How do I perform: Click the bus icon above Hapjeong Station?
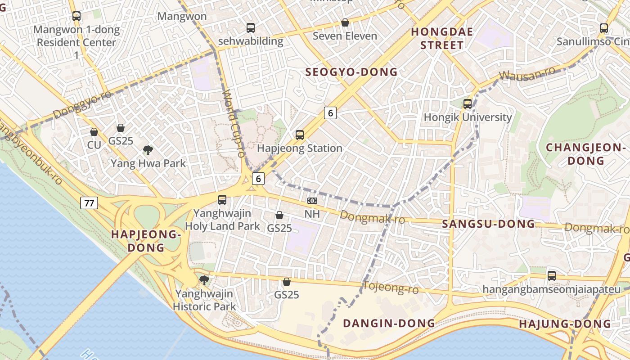[300, 135]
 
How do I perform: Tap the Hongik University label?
[468, 117]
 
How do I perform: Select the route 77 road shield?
[89, 203]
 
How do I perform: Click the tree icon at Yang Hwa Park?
[148, 150]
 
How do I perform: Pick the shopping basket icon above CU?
[94, 132]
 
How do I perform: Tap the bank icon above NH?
[312, 201]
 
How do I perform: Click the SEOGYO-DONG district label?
[351, 72]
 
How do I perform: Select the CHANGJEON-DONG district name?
[586, 154]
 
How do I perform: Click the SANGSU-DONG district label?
[489, 224]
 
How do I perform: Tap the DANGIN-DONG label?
[389, 323]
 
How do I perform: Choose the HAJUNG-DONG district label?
[565, 324]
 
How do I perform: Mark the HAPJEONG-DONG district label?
[146, 241]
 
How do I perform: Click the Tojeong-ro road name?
[391, 287]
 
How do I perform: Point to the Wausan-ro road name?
[527, 75]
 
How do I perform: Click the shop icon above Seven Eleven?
[345, 22]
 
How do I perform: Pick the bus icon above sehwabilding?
[251, 28]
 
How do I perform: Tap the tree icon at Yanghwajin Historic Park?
[204, 280]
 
